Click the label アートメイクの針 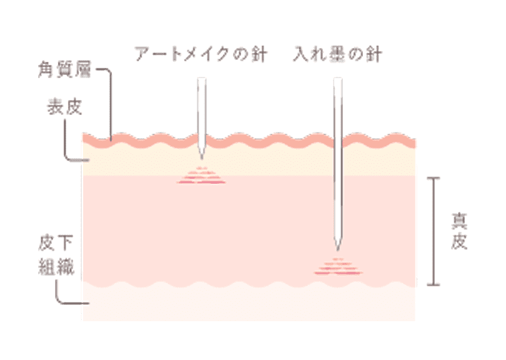click(x=201, y=55)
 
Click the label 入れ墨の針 click(x=337, y=55)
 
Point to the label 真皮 click(x=459, y=231)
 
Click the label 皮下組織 click(x=62, y=258)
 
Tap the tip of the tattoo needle click(x=337, y=249)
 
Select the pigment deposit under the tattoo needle click(x=337, y=267)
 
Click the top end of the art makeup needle click(x=201, y=79)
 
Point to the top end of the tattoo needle click(x=337, y=79)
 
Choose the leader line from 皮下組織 click(x=59, y=294)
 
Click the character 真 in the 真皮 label click(x=459, y=221)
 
